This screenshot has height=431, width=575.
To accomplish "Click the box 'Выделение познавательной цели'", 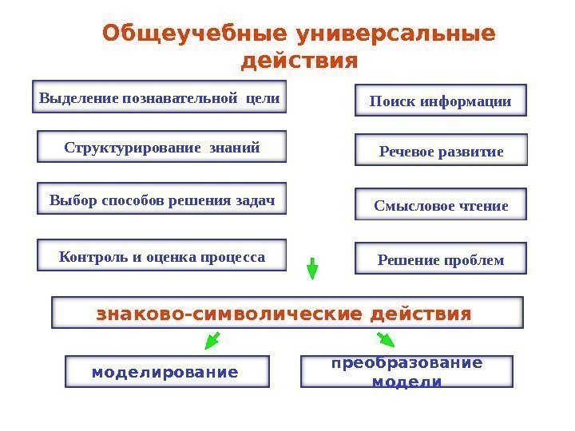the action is coord(159,100).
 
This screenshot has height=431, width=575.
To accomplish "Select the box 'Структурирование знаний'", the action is coord(161,148).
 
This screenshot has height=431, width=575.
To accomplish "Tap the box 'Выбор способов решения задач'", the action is coord(161,200).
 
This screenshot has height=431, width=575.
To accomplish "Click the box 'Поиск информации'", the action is coord(440,101).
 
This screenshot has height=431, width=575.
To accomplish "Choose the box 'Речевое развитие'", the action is coord(441,151).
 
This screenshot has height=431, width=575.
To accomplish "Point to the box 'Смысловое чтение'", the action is coord(441,206).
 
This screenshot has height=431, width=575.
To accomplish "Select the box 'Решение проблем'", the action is coord(441,259).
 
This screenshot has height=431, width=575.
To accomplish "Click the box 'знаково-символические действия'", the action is coord(287,313).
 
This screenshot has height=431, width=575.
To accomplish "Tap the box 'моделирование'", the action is coord(166,372).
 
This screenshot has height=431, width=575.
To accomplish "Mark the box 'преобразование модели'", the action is coord(406,372).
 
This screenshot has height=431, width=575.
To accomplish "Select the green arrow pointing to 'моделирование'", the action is coord(212,342).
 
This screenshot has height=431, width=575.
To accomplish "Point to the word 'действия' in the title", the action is coord(299,61).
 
